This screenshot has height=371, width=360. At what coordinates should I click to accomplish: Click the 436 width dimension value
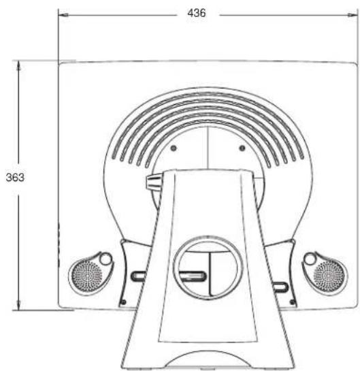196,13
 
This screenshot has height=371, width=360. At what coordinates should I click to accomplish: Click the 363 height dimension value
15,178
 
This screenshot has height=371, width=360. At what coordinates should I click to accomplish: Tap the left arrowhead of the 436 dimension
63,15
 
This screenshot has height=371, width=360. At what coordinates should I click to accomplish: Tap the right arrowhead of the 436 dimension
353,15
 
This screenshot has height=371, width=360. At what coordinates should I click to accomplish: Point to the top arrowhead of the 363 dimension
18,65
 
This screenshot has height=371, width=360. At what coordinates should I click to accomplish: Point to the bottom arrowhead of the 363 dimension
18,305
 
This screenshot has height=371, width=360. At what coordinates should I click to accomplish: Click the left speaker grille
86,276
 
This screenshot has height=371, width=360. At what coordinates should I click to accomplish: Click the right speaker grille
329,276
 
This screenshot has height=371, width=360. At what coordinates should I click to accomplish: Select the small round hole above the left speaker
105,259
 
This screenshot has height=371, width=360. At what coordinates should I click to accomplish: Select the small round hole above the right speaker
310,259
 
